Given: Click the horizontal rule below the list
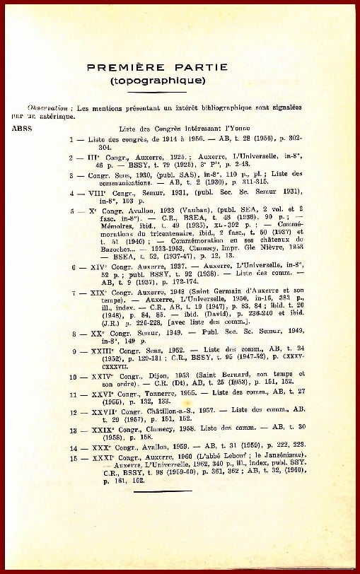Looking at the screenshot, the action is point(167,511).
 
